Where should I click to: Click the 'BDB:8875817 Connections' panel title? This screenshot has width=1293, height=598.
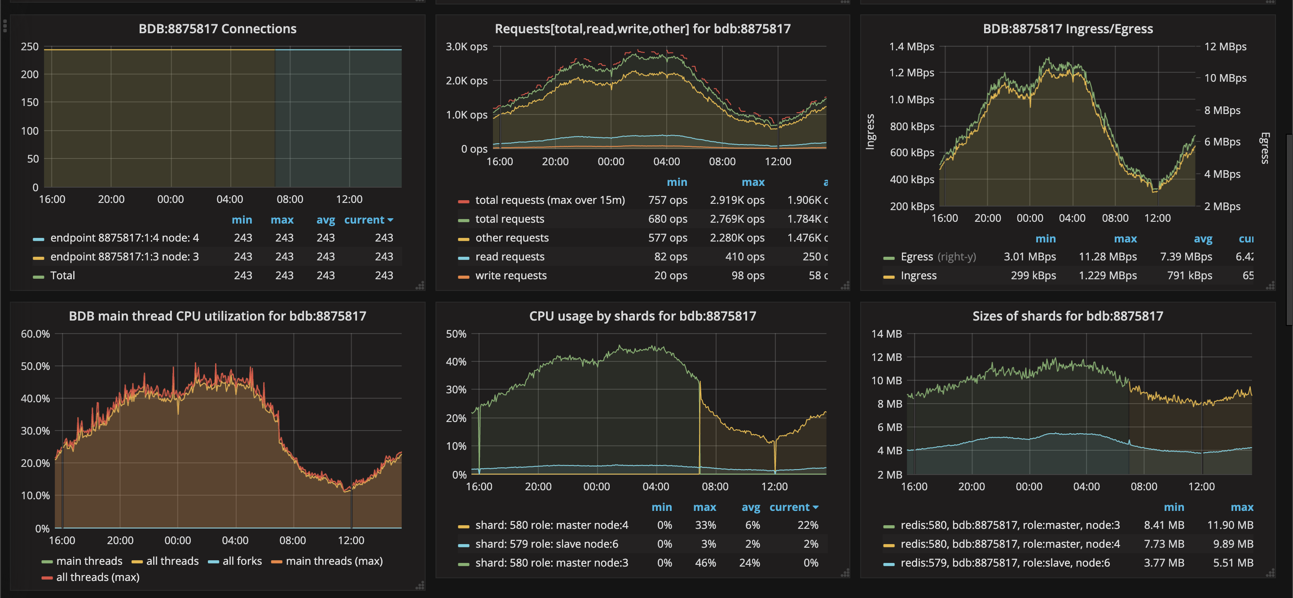[x=217, y=29]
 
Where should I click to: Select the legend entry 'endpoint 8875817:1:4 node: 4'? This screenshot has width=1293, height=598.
[x=124, y=237]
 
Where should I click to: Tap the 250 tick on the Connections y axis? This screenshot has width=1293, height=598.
[x=30, y=47]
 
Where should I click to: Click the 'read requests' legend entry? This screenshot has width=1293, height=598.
[x=510, y=256]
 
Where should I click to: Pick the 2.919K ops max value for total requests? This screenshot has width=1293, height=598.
[x=737, y=200]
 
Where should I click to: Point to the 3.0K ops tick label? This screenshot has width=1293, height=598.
[x=466, y=47]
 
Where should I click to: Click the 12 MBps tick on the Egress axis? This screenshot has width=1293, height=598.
[x=1225, y=47]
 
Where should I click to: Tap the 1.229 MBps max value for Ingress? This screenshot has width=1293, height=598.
[x=1107, y=275]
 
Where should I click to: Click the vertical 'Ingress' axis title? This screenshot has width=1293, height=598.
[x=870, y=132]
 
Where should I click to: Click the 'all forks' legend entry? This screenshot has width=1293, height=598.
[x=242, y=561]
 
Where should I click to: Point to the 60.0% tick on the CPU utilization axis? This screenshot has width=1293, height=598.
[x=35, y=334]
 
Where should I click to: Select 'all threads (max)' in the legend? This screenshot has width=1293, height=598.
[x=97, y=577]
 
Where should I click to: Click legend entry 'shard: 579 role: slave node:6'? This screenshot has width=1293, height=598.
[x=547, y=544]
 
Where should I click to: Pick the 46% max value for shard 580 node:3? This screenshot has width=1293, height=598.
[x=705, y=563]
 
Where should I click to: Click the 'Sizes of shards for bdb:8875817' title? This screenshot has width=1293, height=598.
[x=1067, y=316]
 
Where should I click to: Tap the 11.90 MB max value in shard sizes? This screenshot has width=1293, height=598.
[x=1230, y=525]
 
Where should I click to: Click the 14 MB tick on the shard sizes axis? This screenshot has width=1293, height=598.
[x=886, y=334]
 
